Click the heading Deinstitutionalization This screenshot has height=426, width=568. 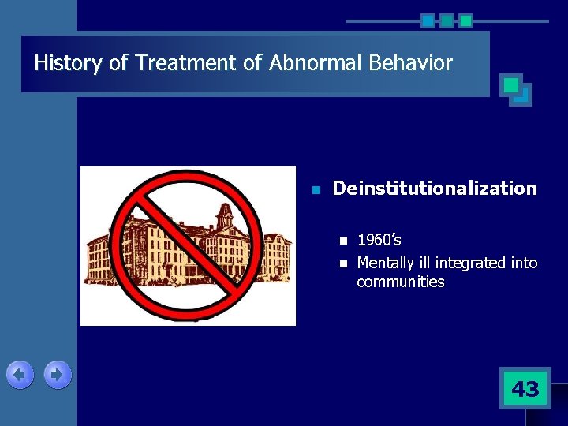[x=435, y=189]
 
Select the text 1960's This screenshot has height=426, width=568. [x=379, y=240]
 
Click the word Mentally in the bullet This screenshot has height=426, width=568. [x=385, y=263]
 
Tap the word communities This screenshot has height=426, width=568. [x=400, y=282]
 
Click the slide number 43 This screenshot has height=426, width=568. [x=525, y=388]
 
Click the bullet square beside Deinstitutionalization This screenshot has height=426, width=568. [x=315, y=190]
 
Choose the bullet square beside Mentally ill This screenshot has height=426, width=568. [x=342, y=263]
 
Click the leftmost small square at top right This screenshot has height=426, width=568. [x=428, y=21]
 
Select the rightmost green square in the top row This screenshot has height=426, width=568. [x=465, y=21]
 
